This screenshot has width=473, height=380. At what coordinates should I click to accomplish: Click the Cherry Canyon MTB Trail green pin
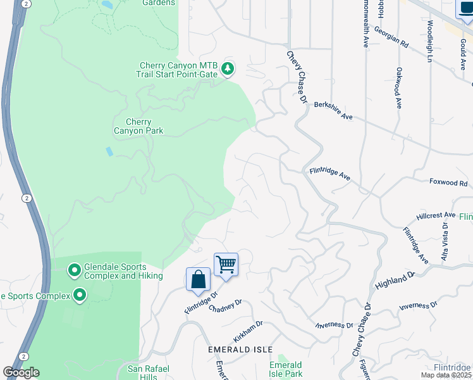(x=228, y=68)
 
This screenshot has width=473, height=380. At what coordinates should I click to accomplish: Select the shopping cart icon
(x=226, y=264)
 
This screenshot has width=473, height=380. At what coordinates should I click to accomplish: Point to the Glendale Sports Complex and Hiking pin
(x=74, y=271)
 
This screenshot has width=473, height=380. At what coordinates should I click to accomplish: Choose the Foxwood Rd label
(x=448, y=182)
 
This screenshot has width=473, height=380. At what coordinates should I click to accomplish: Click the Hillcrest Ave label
(x=436, y=215)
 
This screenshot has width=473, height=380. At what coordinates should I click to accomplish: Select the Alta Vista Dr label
(x=445, y=241)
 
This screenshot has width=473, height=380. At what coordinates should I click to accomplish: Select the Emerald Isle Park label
(x=286, y=369)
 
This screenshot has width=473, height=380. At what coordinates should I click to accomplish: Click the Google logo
(x=21, y=372)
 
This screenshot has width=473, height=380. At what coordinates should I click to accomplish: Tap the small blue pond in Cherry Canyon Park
(x=110, y=152)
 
